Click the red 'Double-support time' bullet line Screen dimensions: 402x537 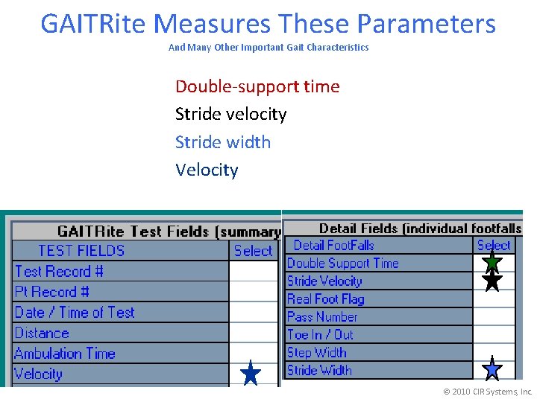coord(257,86)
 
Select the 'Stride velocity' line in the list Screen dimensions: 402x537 coord(230,114)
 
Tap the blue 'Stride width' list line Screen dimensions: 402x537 coord(222,141)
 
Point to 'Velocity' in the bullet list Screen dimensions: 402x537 coord(207,170)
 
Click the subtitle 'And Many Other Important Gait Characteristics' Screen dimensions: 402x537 coord(268,47)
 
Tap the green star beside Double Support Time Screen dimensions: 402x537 coord(492,261)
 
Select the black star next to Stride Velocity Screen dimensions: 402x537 coord(492,280)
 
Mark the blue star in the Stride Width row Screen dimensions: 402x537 coord(492,368)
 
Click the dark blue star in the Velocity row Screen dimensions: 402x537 coord(251,373)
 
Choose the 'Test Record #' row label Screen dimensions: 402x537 coord(59,271)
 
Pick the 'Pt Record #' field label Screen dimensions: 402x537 coord(52,292)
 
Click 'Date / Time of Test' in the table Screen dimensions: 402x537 coord(75,313)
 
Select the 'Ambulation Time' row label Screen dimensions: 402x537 coord(65,354)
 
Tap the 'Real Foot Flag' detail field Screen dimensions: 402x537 coord(326,299)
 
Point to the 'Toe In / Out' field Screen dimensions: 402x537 coord(321,334)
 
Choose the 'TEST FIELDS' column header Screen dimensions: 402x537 coord(81,251)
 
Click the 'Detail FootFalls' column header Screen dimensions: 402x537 coord(333,245)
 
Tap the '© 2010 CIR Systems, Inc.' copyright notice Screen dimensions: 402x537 coord(488,392)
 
